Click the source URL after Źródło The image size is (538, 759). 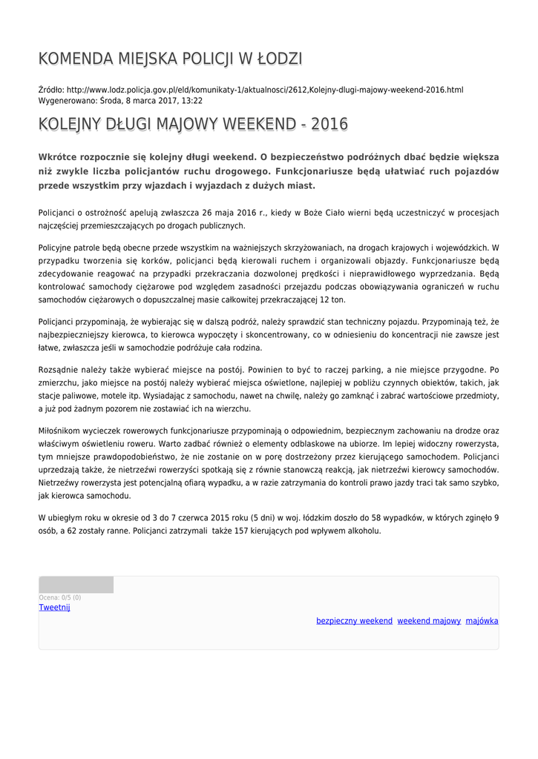pos(265,90)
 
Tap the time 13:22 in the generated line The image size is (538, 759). pos(192,100)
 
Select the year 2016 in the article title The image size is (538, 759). pos(329,124)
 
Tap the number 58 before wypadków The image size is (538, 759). pos(377,517)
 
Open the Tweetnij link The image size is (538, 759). pos(54,608)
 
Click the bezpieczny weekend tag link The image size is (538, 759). pos(354,621)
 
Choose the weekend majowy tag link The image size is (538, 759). pos(429,621)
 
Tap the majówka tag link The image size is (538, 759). pos(482,621)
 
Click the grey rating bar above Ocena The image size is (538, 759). pos(76,585)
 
